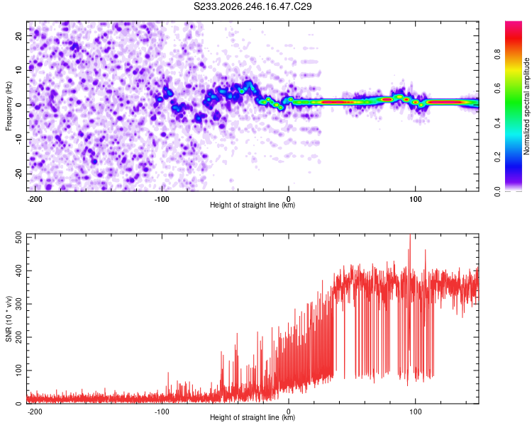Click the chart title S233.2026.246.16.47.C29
[253, 6]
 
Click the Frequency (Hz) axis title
[9, 106]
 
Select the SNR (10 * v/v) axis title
[9, 319]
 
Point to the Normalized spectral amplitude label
[526, 106]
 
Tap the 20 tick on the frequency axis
[19, 36]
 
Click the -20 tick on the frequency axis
[19, 174]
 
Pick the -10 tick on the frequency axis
[19, 140]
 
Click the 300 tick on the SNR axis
[19, 304]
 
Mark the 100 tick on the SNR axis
[19, 370]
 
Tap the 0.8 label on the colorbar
[497, 55]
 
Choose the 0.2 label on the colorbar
[497, 157]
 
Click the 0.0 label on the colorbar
[497, 191]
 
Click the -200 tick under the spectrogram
[35, 199]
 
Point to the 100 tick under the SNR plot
[415, 412]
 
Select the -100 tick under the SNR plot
[162, 412]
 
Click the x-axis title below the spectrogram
[253, 205]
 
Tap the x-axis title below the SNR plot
[253, 417]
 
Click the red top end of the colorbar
[514, 23]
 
